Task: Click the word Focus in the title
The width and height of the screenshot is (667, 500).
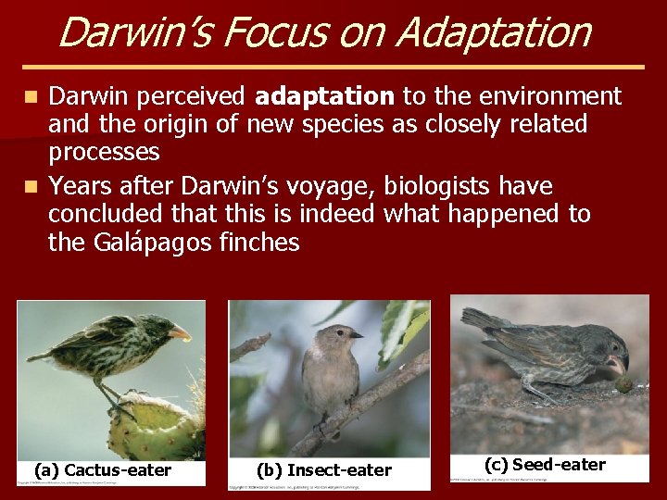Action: click(x=267, y=31)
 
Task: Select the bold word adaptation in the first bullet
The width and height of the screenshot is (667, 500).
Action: click(x=324, y=96)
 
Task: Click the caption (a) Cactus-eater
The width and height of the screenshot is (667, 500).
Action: click(x=103, y=470)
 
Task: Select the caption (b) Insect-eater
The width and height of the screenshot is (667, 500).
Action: click(x=324, y=470)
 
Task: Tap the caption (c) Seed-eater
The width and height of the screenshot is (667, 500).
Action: click(x=545, y=465)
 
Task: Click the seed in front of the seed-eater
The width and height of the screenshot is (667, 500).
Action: click(x=624, y=381)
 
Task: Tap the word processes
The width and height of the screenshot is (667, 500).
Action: click(x=104, y=151)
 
